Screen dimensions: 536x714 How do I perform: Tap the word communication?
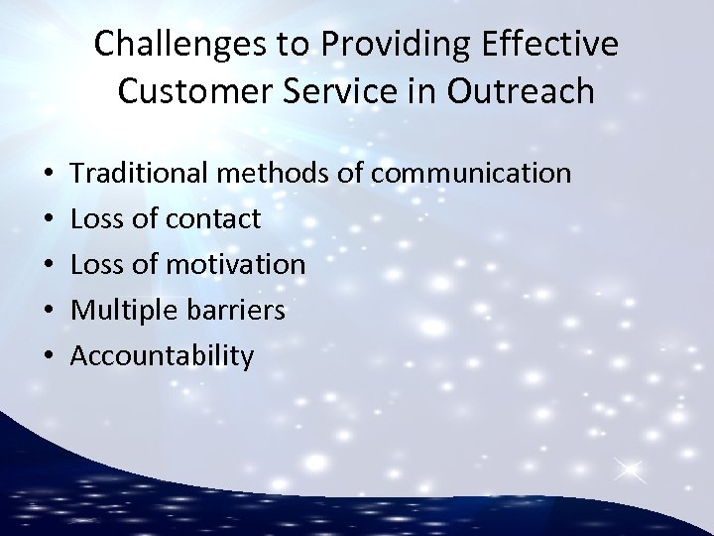point(472,174)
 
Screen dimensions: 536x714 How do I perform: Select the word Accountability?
point(163,356)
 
